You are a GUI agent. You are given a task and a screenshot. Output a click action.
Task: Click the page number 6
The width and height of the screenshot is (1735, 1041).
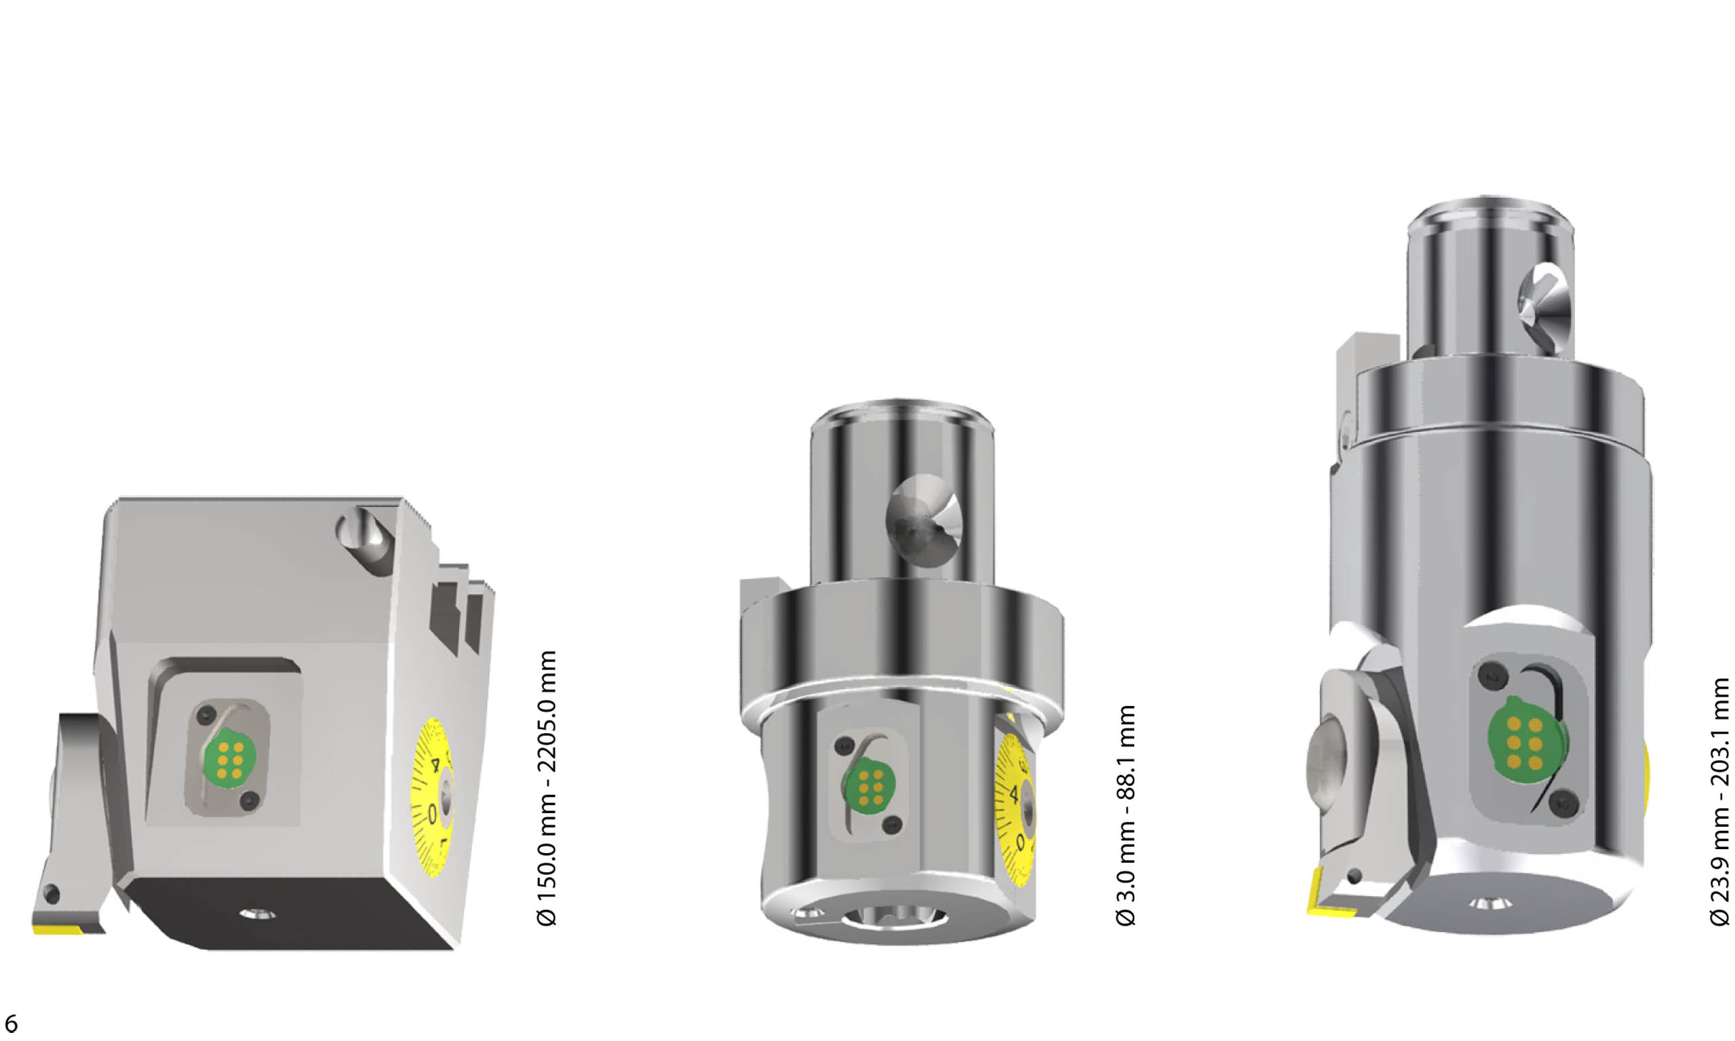click(x=11, y=1023)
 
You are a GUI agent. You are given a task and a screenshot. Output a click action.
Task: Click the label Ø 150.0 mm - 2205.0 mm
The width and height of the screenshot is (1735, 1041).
click(x=546, y=788)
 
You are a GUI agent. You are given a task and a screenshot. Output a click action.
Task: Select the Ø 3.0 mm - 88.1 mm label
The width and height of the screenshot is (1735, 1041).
click(x=1125, y=815)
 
